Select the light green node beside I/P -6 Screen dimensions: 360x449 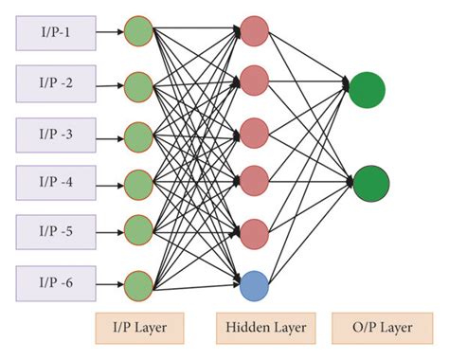tap(138, 283)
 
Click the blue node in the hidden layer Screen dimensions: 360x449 tap(255, 283)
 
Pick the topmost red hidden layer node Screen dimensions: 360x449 tap(255, 29)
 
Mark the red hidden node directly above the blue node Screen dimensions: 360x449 tap(255, 231)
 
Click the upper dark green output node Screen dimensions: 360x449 tap(367, 90)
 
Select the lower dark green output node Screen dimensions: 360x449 tap(367, 182)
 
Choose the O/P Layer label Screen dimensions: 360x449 tap(375, 329)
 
